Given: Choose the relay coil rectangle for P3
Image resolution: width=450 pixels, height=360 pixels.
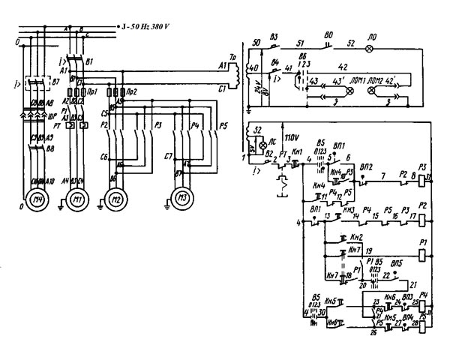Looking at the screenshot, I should tap(424, 177).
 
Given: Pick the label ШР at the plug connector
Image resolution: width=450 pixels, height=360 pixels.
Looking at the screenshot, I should tap(52, 115).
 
